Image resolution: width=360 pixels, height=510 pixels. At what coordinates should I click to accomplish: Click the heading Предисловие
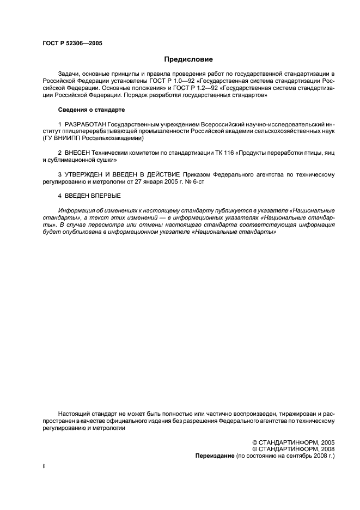(188, 59)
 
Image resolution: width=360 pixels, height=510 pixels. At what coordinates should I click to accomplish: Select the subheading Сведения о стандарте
(91, 110)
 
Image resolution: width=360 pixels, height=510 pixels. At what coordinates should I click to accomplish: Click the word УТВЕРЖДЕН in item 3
(85, 174)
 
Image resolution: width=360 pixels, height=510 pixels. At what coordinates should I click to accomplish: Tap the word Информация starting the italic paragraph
(76, 210)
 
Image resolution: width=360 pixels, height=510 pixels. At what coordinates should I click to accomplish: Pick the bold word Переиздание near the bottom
(214, 456)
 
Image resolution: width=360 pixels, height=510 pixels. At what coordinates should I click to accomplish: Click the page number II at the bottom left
(44, 467)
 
